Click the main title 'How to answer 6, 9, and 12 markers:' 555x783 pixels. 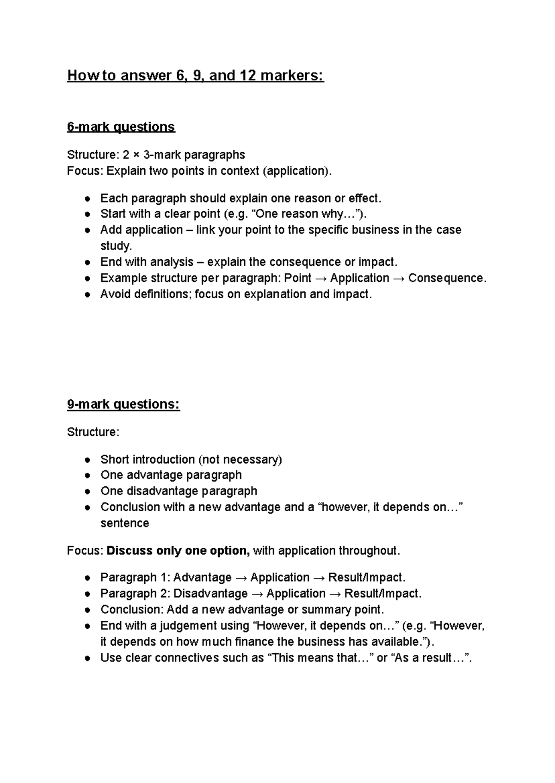[196, 75]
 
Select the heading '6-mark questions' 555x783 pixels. [121, 127]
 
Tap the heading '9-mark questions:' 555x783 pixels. [123, 404]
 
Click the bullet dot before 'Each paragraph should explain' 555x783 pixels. [87, 199]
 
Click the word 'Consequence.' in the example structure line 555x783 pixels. [447, 278]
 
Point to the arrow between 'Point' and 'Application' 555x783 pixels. [321, 278]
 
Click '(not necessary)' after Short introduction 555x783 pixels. [240, 459]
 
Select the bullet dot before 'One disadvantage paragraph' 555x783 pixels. [87, 492]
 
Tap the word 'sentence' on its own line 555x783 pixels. [125, 523]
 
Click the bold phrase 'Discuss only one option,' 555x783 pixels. [179, 551]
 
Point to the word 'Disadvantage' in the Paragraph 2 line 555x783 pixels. [210, 593]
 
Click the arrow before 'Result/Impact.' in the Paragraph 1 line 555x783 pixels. [319, 578]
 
